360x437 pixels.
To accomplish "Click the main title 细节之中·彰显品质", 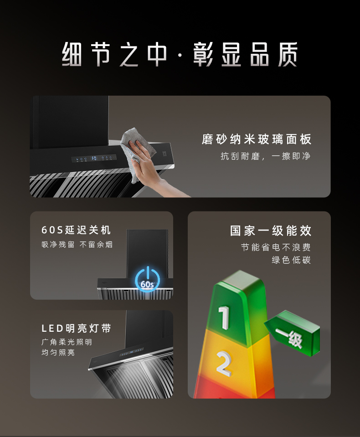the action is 180,55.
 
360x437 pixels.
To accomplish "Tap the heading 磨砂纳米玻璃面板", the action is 257,139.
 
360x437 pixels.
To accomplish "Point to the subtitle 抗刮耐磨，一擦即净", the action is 266,156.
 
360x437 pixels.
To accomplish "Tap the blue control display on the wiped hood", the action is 94,158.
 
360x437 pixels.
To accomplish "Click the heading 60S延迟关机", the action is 76,230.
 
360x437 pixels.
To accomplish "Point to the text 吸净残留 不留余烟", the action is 77,244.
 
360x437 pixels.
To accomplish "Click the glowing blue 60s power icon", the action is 147,279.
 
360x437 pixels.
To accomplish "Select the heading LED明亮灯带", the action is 76,328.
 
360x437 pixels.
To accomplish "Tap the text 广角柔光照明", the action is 67,342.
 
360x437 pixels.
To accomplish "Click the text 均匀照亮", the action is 58,353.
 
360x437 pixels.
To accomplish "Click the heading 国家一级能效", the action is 271,231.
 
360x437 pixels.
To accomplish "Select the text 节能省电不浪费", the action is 276,247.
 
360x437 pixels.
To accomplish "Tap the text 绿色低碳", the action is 291,260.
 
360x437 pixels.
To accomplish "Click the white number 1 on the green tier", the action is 224,317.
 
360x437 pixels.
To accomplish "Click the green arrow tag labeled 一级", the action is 293,333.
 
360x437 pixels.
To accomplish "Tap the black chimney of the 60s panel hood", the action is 147,254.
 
